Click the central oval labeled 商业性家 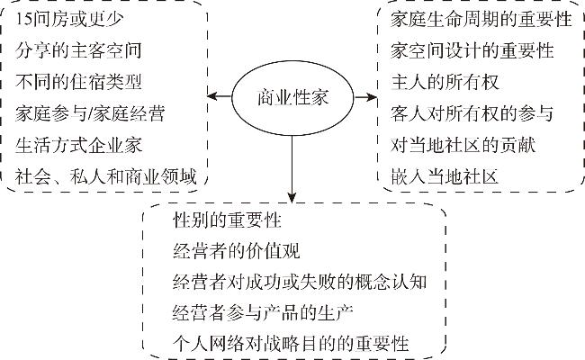coord(292,98)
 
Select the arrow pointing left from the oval coord(220,96)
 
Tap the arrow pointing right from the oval coord(365,97)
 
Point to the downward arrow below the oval coord(292,169)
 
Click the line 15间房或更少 coord(69,19)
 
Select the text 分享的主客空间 coord(78,50)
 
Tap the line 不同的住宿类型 coord(78,82)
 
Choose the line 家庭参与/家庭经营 coord(90,113)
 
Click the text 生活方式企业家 coord(78,145)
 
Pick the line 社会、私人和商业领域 coord(105,176)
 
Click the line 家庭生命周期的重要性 coord(481,19)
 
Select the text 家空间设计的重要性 coord(472,50)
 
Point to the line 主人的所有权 coord(445,82)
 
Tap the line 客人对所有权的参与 coord(472,113)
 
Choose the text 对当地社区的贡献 coord(463,145)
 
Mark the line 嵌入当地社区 coord(445,176)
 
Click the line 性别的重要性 coord(227,220)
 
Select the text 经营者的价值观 coord(236,251)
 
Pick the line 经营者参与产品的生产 coord(263,312)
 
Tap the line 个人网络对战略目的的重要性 coord(291,344)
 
